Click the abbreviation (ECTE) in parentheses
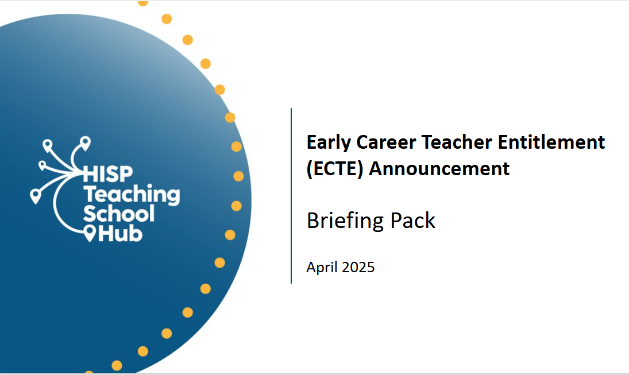click(335, 169)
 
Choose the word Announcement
click(439, 168)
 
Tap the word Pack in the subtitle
click(412, 221)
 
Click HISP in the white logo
click(107, 175)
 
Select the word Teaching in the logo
click(132, 195)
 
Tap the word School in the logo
click(119, 214)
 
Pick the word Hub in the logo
click(121, 233)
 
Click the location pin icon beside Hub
click(90, 233)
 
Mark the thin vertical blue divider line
click(291, 196)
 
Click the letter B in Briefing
click(313, 221)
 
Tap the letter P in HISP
click(126, 175)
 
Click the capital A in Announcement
click(376, 168)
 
